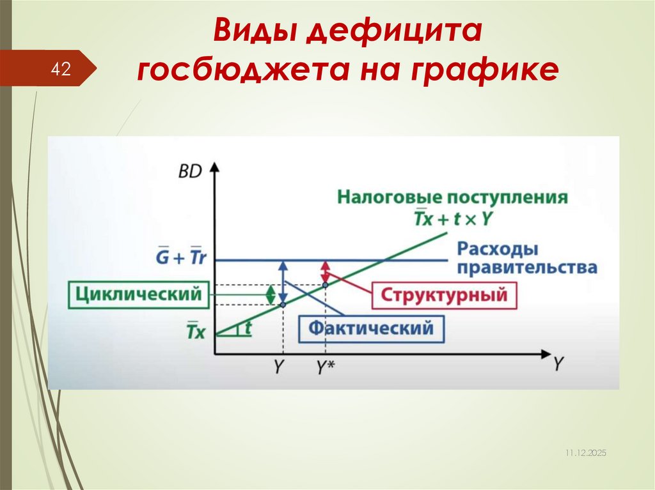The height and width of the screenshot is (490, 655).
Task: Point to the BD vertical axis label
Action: coord(189,171)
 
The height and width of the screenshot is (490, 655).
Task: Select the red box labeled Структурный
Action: coord(444,296)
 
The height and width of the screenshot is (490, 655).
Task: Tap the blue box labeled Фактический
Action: coord(371,328)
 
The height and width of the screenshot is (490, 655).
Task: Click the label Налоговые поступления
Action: coord(452,196)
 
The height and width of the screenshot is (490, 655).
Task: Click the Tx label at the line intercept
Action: coord(196,332)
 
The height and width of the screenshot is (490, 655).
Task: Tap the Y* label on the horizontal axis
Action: coord(326,367)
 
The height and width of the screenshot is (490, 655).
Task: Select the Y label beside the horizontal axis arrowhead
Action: coord(558,364)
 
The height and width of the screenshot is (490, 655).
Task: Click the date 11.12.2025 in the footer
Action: coord(585,452)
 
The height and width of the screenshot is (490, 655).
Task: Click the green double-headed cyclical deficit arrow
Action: coord(270,294)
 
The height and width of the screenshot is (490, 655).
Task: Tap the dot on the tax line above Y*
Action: coord(325,284)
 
